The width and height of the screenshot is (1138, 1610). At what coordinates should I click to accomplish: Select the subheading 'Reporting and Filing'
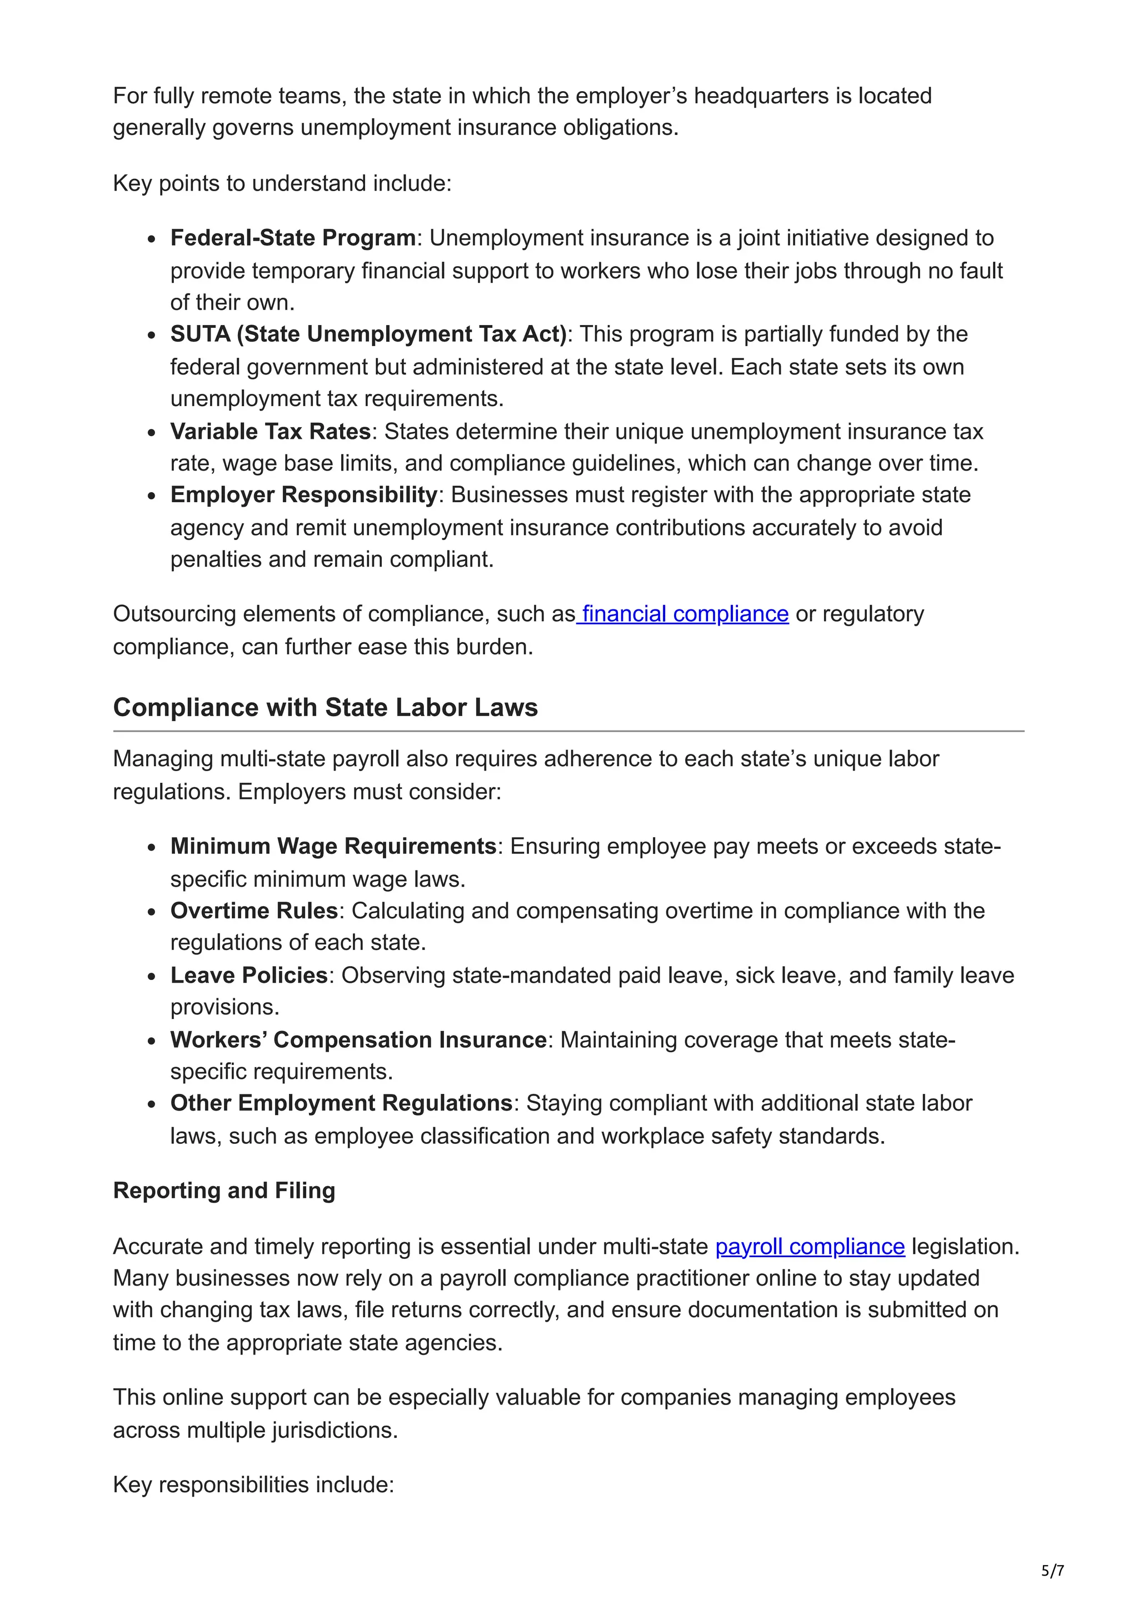(224, 1190)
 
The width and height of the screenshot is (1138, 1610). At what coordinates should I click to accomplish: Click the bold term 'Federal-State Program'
(293, 238)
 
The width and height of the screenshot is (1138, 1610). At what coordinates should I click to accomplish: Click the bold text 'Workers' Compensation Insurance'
(358, 1039)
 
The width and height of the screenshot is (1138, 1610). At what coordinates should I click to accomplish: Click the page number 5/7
(1052, 1570)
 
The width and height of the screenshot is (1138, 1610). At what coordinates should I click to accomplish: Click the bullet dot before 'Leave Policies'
(152, 976)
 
